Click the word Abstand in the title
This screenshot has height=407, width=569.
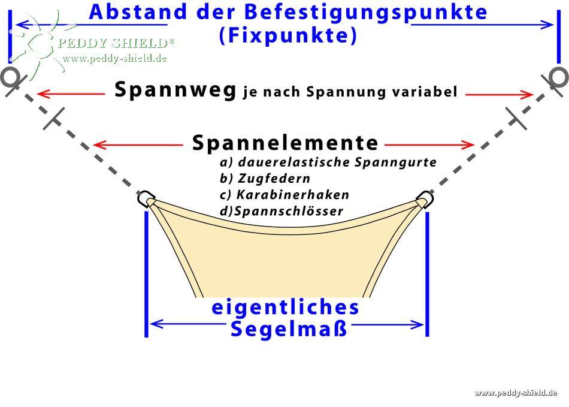[x=137, y=13]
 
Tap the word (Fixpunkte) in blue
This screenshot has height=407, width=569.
[x=289, y=35]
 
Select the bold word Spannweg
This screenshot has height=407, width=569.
[x=175, y=90]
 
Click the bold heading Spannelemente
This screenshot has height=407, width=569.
[x=285, y=143]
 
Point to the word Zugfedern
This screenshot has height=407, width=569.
[x=274, y=178]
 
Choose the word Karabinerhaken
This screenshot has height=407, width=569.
[x=292, y=195]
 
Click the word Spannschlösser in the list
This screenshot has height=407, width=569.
[x=289, y=211]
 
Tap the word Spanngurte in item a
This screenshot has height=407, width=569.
[x=395, y=162]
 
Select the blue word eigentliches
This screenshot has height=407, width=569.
[x=285, y=307]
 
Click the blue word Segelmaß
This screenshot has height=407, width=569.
[x=289, y=328]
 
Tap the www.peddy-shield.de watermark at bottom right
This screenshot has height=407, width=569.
[x=516, y=393]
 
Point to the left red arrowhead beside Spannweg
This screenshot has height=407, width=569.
[x=43, y=94]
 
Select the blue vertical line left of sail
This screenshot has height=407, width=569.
[x=146, y=274]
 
